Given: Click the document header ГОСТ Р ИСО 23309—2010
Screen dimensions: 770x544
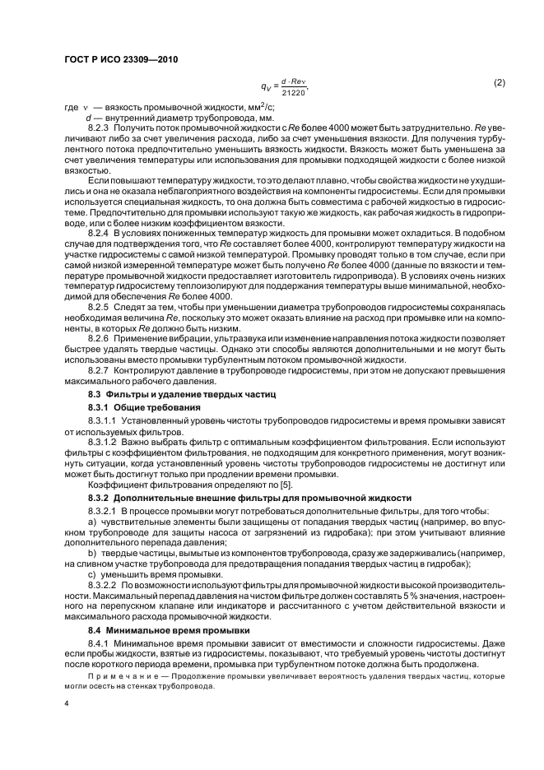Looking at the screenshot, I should tap(121, 59).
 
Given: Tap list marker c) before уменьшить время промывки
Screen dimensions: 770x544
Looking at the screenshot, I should tap(91, 573).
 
